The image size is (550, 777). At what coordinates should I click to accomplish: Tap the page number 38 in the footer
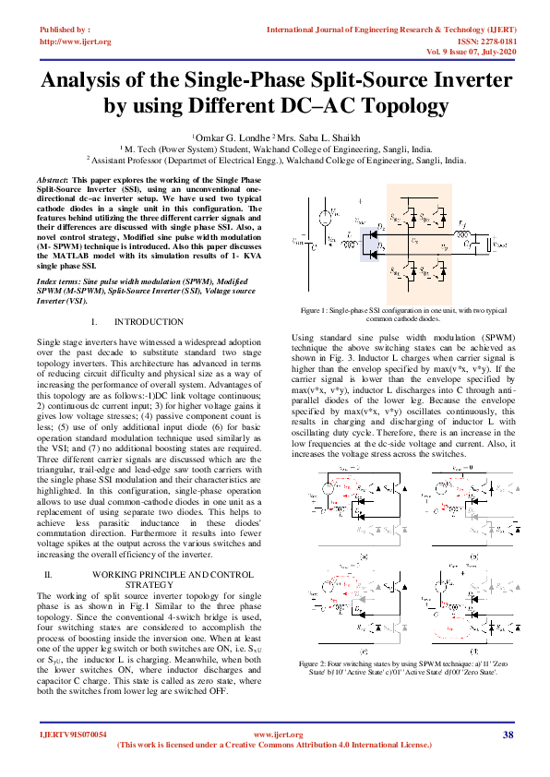(x=508, y=735)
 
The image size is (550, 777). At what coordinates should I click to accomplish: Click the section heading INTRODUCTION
(x=149, y=321)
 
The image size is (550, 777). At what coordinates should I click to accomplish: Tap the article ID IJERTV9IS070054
(x=73, y=735)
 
